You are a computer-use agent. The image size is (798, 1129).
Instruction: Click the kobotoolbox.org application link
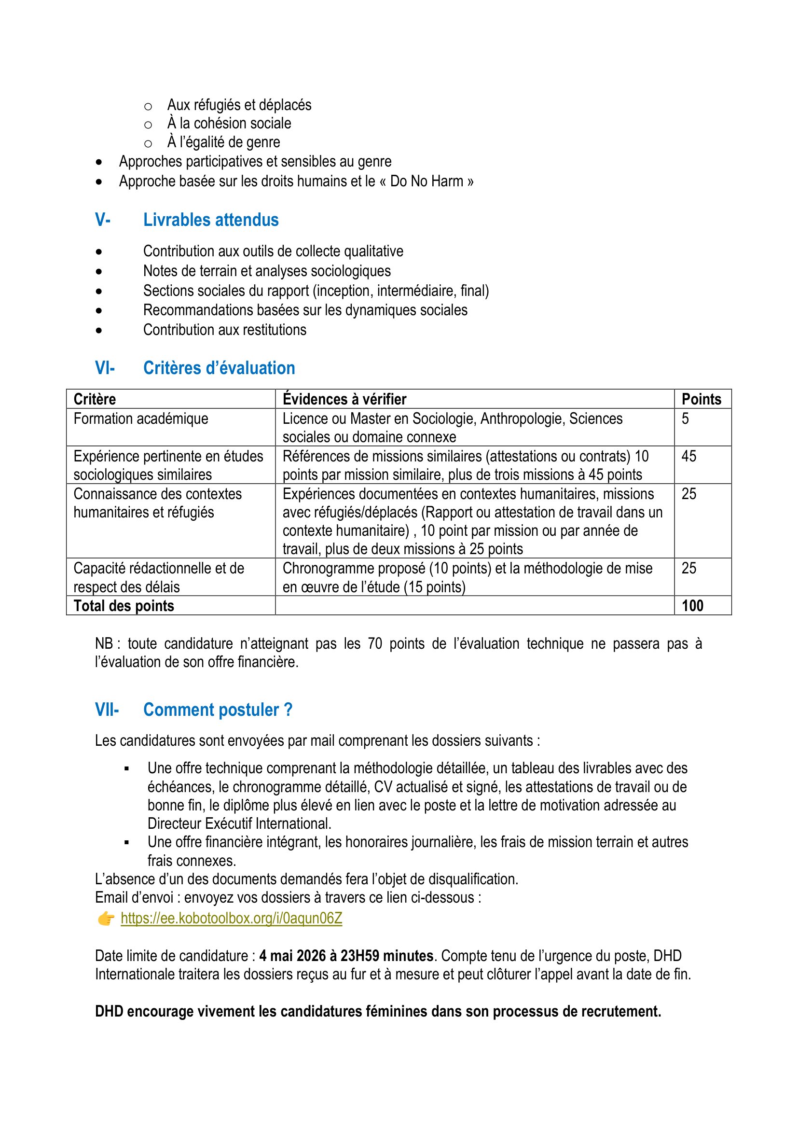click(x=232, y=918)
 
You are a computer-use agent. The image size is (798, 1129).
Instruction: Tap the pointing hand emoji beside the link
click(x=106, y=918)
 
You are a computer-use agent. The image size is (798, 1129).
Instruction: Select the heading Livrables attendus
click(x=211, y=220)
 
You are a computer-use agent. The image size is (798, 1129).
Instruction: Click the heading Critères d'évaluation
click(x=219, y=368)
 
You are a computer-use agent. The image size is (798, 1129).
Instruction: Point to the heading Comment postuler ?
click(x=218, y=710)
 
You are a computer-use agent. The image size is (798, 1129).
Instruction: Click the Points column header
click(x=701, y=399)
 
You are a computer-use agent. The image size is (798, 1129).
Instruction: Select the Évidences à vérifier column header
click(x=344, y=399)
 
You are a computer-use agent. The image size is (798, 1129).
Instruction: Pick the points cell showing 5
click(x=685, y=418)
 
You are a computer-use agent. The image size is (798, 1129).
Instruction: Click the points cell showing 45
click(x=688, y=456)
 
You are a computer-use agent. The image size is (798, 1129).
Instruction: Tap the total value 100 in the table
click(x=692, y=606)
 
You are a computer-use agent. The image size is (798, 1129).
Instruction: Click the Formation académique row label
click(x=141, y=418)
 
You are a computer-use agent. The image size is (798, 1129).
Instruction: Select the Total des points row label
click(x=124, y=606)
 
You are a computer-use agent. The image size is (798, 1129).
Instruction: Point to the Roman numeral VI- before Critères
click(x=105, y=368)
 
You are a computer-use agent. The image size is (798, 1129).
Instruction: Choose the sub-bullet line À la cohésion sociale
click(x=230, y=124)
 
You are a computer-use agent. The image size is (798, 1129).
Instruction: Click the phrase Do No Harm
click(x=427, y=181)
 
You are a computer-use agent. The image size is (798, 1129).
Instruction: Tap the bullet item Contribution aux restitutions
click(x=224, y=330)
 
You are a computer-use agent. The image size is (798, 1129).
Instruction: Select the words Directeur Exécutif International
click(x=239, y=823)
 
